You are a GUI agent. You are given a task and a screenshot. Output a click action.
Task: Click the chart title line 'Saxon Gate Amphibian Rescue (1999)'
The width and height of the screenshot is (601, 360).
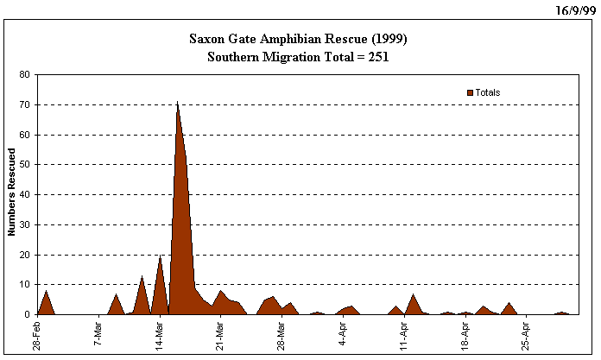point(298,40)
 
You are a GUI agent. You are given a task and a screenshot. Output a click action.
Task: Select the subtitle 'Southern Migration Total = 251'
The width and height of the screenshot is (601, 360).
point(298,57)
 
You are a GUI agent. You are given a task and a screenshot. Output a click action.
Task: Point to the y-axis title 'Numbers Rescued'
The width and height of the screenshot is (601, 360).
point(12,193)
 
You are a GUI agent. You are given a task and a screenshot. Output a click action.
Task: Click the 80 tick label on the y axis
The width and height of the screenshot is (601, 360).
point(26,75)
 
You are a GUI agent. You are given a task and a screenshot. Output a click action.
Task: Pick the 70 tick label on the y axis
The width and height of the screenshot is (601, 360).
point(26,105)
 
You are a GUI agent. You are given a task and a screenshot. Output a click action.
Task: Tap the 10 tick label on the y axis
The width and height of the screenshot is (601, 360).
point(26,285)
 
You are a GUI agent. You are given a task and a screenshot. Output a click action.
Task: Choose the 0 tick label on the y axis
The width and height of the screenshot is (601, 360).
point(28,315)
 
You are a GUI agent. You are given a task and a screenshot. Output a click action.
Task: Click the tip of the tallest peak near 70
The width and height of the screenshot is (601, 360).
point(177,102)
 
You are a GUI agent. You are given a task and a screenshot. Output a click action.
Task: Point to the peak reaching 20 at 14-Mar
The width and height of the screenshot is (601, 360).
point(160,256)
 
